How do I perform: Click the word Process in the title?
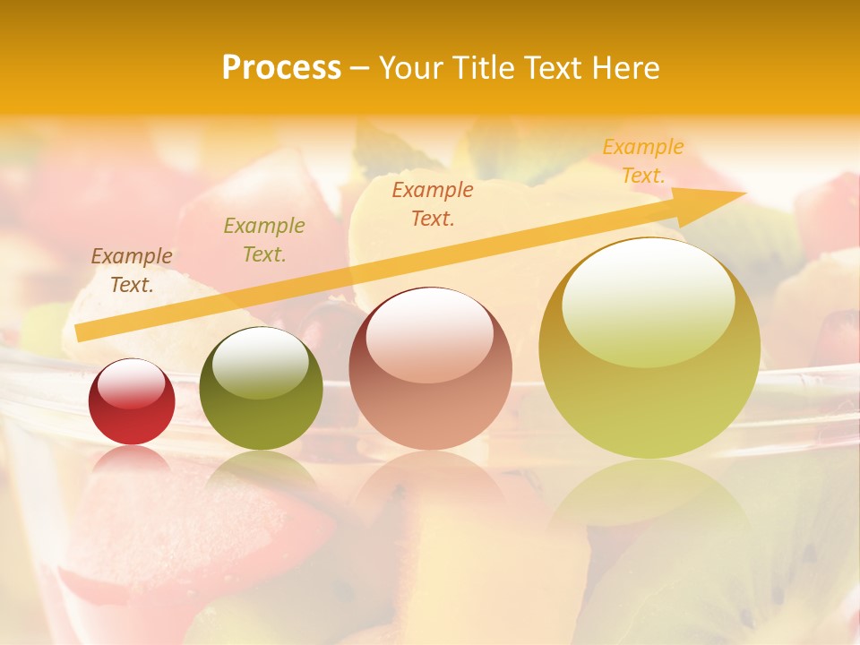[281, 68]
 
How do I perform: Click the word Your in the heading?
[411, 68]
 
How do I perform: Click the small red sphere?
[132, 402]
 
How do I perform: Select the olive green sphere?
[261, 389]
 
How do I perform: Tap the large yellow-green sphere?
[649, 348]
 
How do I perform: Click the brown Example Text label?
[132, 271]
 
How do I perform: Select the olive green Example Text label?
[264, 240]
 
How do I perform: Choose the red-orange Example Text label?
[433, 204]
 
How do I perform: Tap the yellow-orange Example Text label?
[643, 161]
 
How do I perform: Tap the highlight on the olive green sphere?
[261, 361]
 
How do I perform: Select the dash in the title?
[360, 68]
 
